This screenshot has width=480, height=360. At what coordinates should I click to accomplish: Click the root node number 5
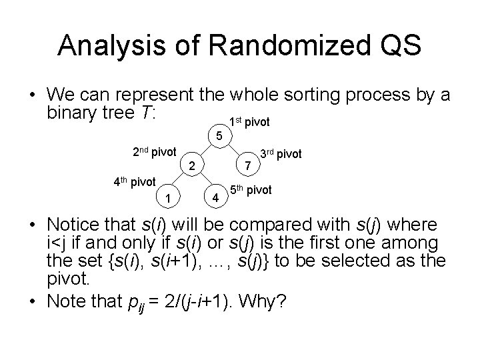coord(220,137)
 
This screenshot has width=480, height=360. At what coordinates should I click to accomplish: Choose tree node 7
coord(247,165)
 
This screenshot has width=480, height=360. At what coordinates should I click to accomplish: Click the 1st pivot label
coord(250,122)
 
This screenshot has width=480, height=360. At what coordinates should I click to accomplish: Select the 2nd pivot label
coord(155,152)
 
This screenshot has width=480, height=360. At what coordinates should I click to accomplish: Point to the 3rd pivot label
coord(281,154)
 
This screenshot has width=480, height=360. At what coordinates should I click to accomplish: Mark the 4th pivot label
coord(133,181)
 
